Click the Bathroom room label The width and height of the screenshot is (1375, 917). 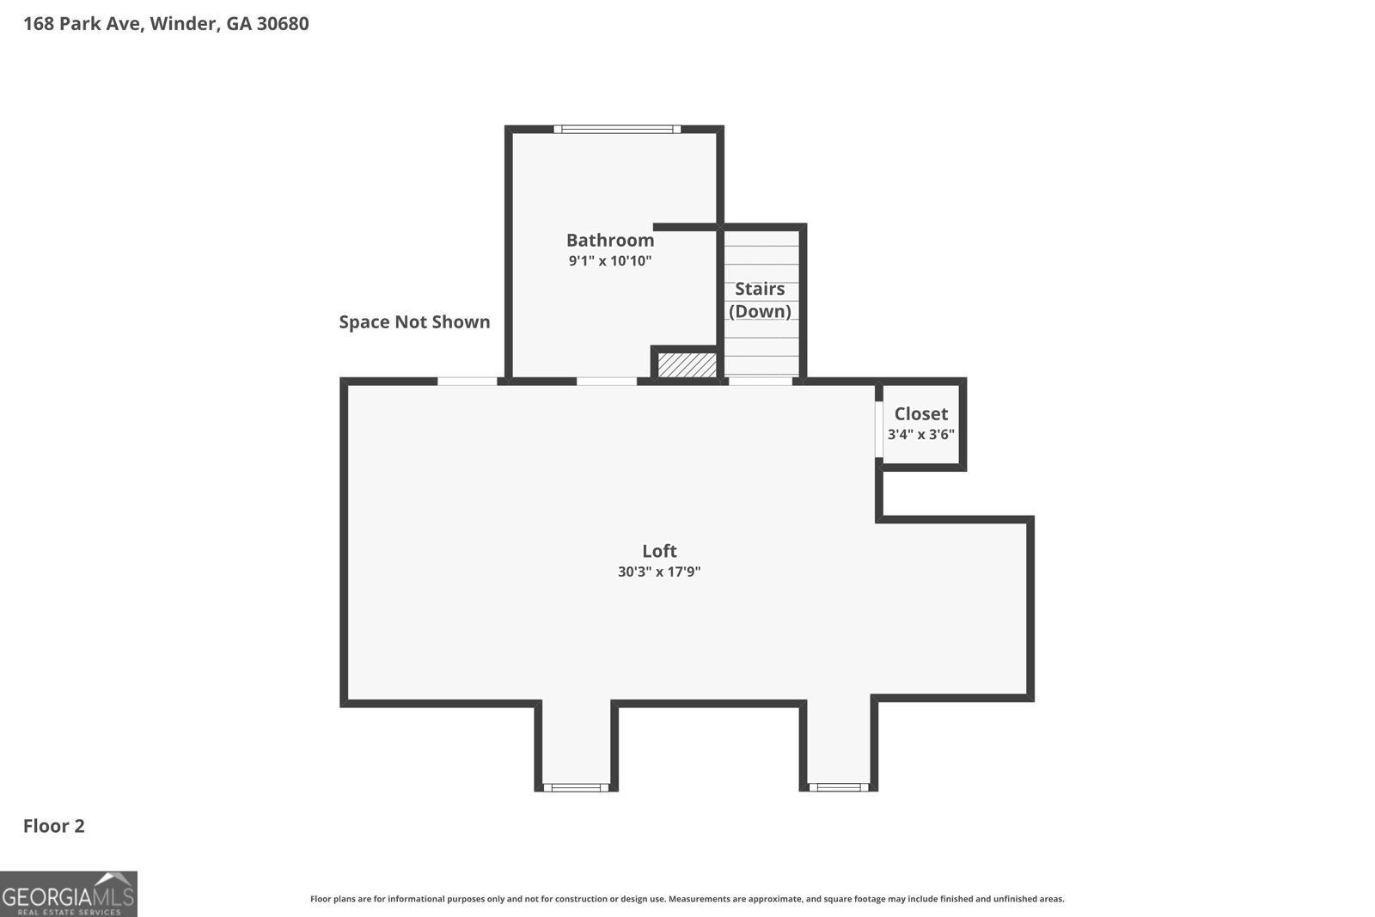[609, 241]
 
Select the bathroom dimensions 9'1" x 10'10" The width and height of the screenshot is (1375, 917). [609, 260]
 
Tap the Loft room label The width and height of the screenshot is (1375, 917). [659, 551]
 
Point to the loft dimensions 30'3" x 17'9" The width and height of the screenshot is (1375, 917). [659, 572]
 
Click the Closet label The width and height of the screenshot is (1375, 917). [920, 414]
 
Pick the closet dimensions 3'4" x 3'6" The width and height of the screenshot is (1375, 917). [920, 435]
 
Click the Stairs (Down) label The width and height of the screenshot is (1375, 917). [760, 300]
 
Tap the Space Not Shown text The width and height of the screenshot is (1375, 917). [414, 322]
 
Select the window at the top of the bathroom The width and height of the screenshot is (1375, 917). [617, 130]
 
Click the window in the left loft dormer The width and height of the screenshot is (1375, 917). [576, 787]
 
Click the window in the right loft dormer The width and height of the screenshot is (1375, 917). [839, 787]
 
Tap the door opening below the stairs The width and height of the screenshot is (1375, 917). [761, 381]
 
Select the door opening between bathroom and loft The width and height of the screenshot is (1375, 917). [607, 381]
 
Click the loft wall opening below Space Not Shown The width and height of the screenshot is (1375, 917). [467, 381]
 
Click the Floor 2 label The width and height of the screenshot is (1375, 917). [54, 827]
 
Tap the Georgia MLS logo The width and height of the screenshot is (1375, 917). [68, 894]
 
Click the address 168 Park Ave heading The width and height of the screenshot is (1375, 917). [166, 24]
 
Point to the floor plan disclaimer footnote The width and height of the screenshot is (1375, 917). [687, 899]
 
